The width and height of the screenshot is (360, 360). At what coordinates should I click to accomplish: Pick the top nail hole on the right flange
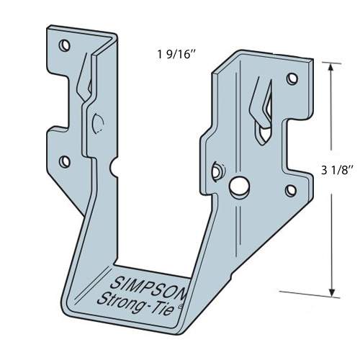click(x=292, y=78)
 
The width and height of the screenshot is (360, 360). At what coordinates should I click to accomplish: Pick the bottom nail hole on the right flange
click(x=292, y=190)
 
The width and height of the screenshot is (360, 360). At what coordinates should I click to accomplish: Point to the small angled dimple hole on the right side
click(x=217, y=169)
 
